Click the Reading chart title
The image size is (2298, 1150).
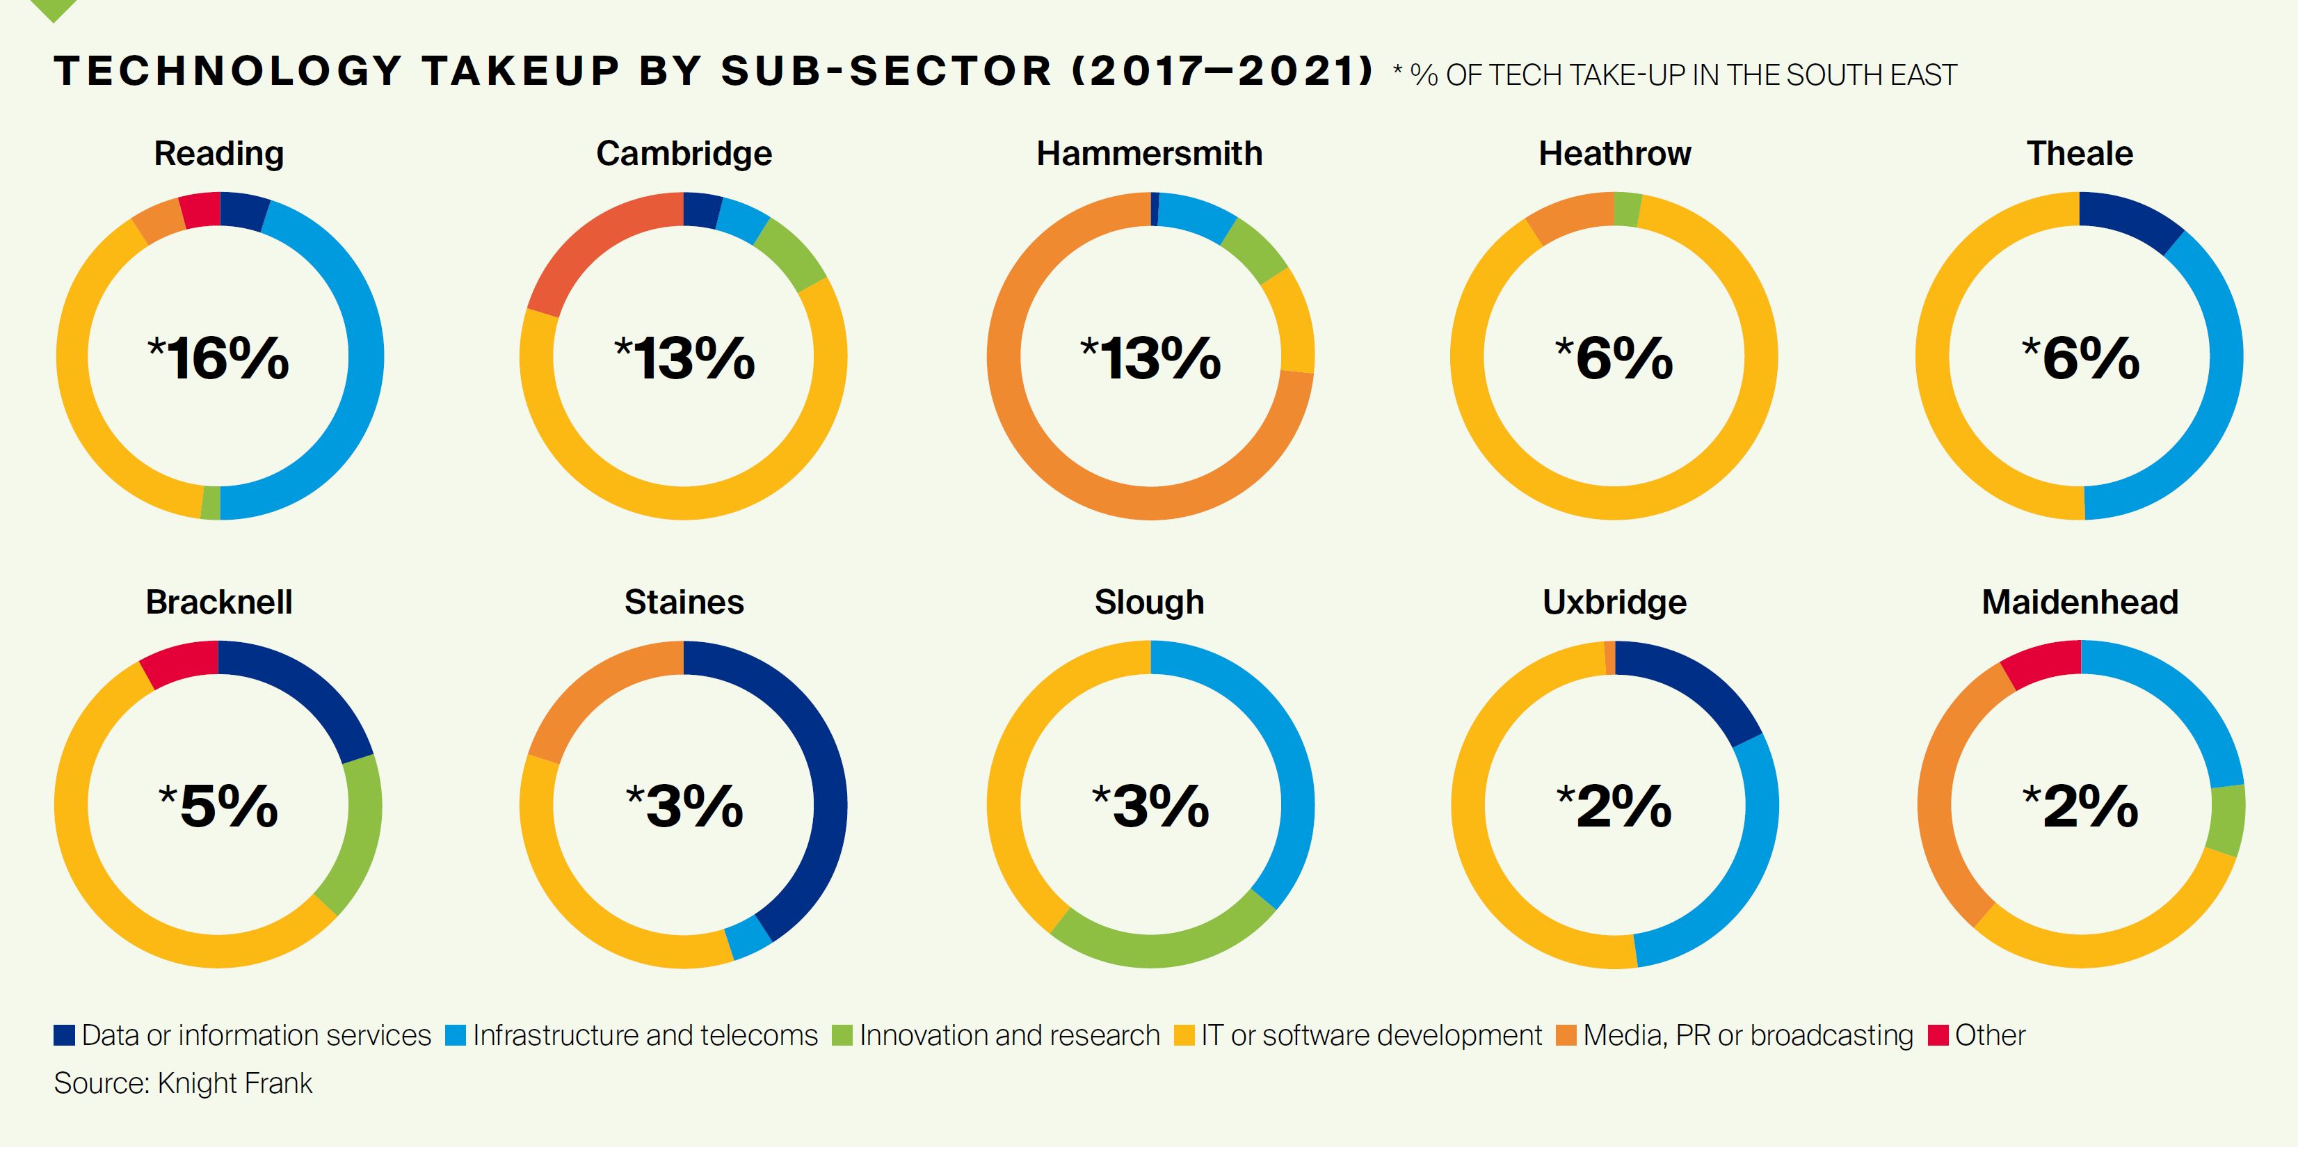218,154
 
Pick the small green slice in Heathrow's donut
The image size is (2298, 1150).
1627,209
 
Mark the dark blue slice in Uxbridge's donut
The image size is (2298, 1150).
1691,687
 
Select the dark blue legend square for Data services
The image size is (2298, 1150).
64,1035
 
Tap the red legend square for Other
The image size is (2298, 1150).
1938,1035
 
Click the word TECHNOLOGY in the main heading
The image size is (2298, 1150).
227,72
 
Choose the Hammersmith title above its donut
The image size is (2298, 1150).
1149,154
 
